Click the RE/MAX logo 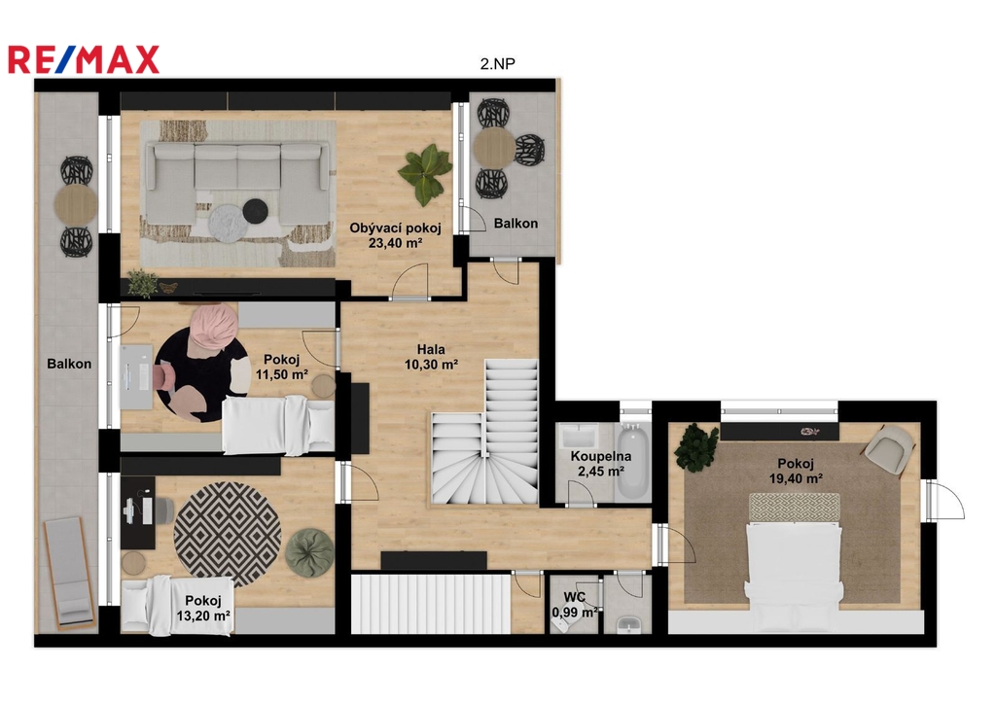coord(84,59)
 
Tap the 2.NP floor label coord(497,63)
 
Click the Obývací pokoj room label coord(395,228)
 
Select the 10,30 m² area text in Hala coord(431,365)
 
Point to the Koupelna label coord(601,456)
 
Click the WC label coord(574,597)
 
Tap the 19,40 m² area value coord(796,478)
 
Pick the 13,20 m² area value coord(203,615)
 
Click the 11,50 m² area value coord(281,374)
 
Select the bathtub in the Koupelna coord(633,462)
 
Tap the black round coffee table coord(256,210)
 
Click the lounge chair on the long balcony coord(70,571)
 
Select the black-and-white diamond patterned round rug coord(228,534)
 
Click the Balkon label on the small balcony coord(516,224)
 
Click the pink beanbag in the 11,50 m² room coord(212,327)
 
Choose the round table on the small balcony coord(493,148)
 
